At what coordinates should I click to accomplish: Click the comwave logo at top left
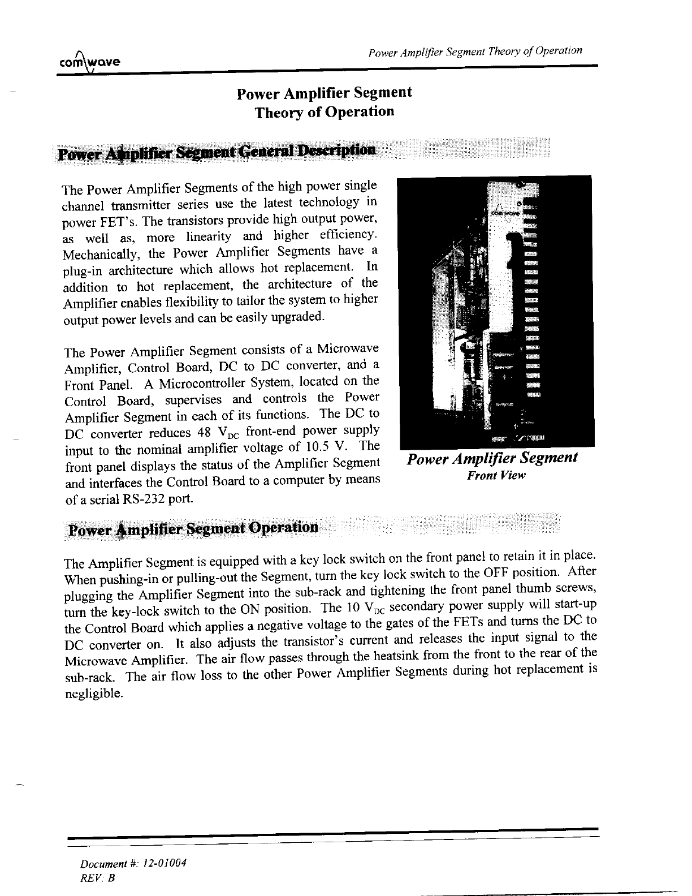[90, 61]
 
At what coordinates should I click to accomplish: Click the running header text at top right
[474, 52]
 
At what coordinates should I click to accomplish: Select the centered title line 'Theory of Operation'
[324, 111]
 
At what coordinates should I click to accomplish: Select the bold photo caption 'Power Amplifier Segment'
[492, 458]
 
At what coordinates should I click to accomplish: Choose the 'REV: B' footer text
[98, 878]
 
